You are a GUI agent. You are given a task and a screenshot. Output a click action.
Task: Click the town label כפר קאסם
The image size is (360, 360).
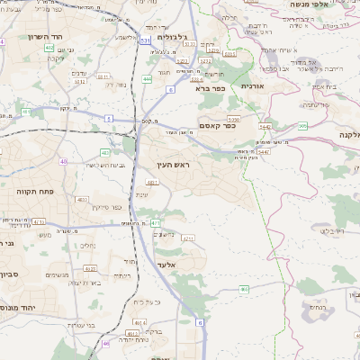[217, 125]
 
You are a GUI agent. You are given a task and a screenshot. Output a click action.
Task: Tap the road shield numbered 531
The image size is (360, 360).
[146, 40]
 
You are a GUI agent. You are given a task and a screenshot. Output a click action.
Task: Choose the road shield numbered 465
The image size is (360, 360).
[245, 289]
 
